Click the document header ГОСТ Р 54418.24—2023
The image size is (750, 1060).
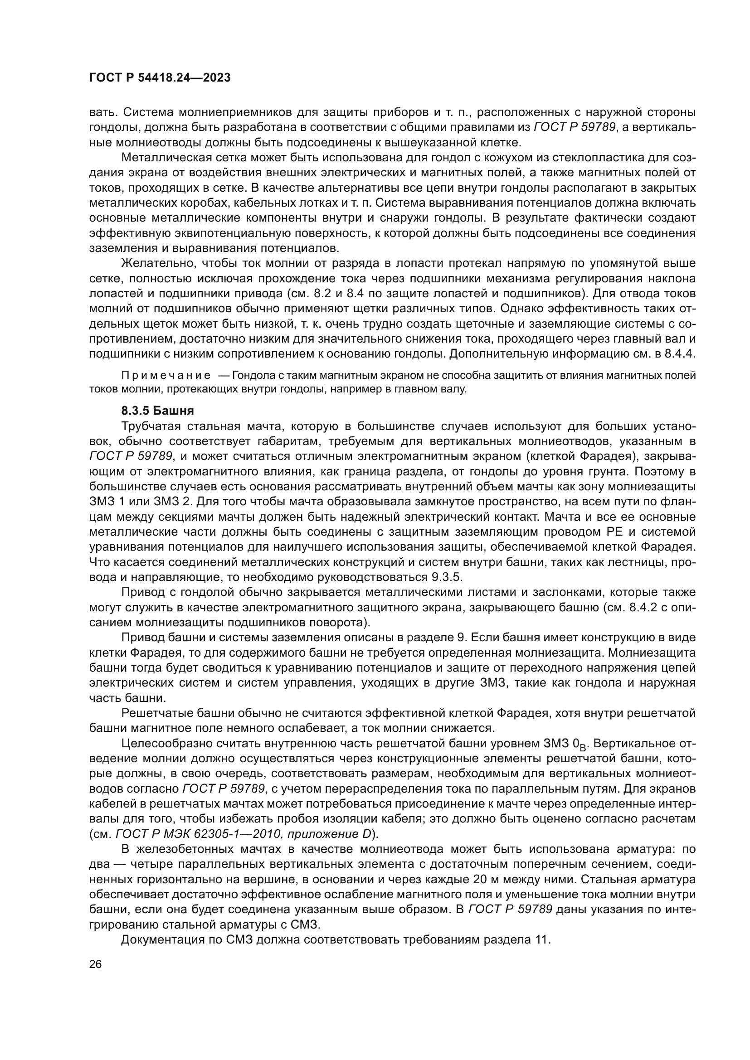160,78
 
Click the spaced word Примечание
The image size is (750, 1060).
166,375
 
